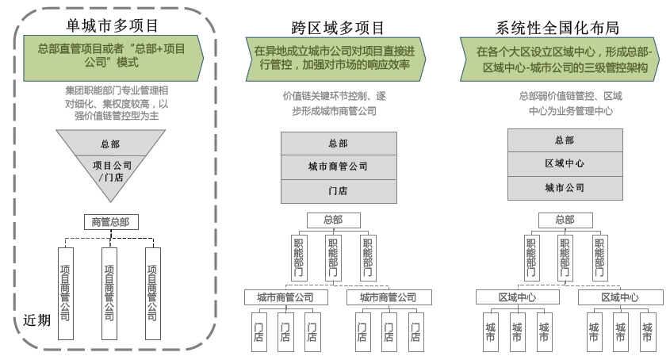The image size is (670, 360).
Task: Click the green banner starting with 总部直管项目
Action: coord(111,55)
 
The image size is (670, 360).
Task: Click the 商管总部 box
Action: coord(110,222)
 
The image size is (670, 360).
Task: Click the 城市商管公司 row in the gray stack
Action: coord(338,167)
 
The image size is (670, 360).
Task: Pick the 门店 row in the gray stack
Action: coord(338,190)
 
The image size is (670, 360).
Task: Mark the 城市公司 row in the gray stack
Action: coord(565,188)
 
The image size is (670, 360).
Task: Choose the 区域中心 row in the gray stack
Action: coord(565,163)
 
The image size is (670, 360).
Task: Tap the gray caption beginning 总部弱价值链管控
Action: coord(564,103)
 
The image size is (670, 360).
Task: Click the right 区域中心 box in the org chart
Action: coord(619,297)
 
